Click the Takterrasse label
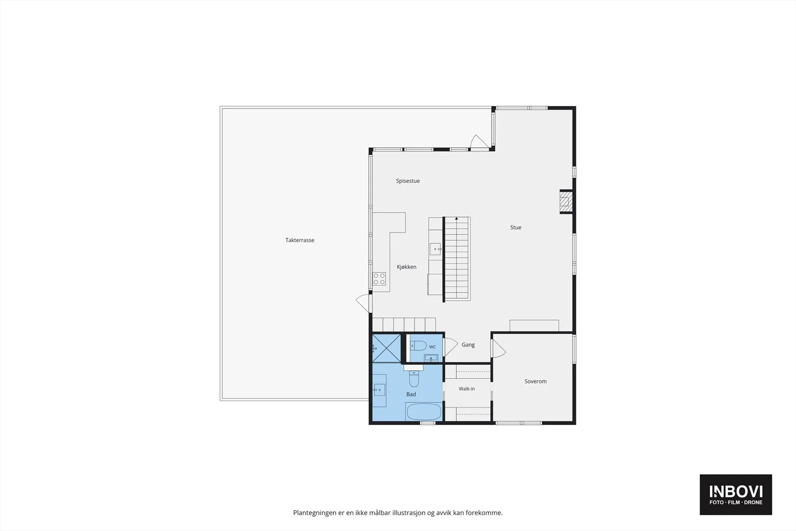click(299, 240)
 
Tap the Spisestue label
click(407, 181)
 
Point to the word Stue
click(515, 227)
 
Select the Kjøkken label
click(406, 267)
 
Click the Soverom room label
click(535, 381)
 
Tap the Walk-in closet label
click(467, 389)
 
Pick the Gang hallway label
click(468, 345)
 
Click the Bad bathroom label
click(411, 394)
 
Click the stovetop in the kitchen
click(379, 279)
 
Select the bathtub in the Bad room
click(424, 412)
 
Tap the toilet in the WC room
click(418, 345)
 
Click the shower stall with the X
click(386, 348)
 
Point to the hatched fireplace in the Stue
click(566, 202)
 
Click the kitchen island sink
click(435, 249)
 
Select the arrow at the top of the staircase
click(457, 218)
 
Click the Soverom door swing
click(498, 348)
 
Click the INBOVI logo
click(736, 494)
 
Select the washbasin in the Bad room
click(379, 390)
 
